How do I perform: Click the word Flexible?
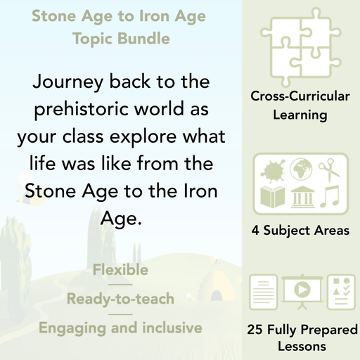120,270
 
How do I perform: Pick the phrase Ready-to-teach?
120,299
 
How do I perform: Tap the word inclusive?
165,328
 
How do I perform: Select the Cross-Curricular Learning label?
300,106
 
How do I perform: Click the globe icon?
300,168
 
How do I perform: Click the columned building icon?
300,197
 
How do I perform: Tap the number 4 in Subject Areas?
255,230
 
